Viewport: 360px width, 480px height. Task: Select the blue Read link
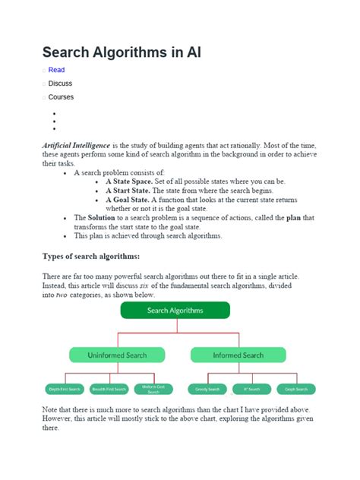coord(56,70)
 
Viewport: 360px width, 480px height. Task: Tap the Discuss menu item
coord(60,84)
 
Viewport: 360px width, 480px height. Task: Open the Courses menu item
coord(61,97)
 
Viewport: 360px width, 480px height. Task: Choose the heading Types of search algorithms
coord(91,256)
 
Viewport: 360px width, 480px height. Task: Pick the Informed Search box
coord(238,355)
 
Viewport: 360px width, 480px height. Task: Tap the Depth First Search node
coord(65,389)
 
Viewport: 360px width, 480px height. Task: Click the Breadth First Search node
coord(109,389)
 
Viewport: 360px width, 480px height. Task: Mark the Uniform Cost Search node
coord(153,389)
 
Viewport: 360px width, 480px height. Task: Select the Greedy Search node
coord(206,389)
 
